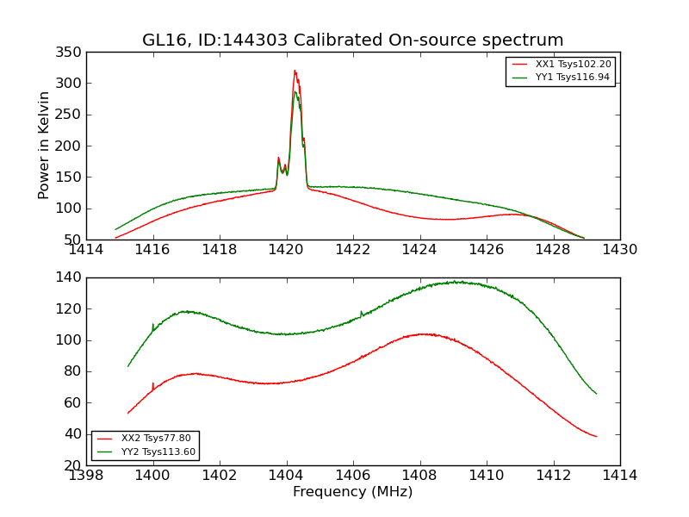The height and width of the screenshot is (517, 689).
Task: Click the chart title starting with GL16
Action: [x=352, y=40]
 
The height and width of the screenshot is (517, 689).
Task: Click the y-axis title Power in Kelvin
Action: [x=44, y=146]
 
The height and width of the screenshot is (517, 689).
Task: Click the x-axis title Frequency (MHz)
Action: [x=352, y=492]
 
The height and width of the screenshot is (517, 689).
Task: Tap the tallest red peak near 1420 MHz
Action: [x=295, y=72]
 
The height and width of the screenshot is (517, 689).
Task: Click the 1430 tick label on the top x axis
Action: [x=619, y=249]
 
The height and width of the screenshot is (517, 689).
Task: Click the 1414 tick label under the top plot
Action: [x=86, y=249]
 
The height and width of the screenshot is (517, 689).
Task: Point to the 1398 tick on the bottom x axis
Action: [x=86, y=475]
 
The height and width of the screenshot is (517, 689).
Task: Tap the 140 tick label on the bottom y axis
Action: [x=71, y=277]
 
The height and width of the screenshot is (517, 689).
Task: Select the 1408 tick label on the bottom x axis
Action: [x=419, y=475]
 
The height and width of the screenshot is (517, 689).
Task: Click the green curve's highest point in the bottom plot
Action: [x=458, y=282]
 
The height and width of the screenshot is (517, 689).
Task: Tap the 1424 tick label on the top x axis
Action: [x=419, y=249]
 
